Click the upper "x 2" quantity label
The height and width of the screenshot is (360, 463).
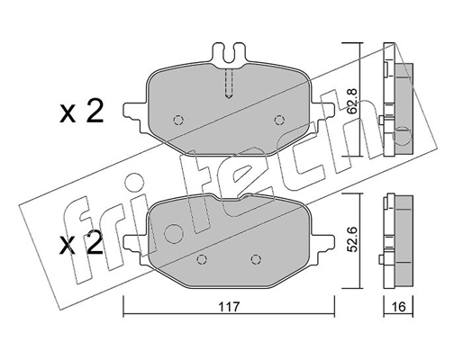pos(82,112)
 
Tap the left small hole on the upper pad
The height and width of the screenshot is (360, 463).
pos(177,120)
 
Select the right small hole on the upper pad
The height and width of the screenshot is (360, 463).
pos(281,119)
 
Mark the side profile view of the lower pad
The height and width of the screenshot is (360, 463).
pos(397,235)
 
